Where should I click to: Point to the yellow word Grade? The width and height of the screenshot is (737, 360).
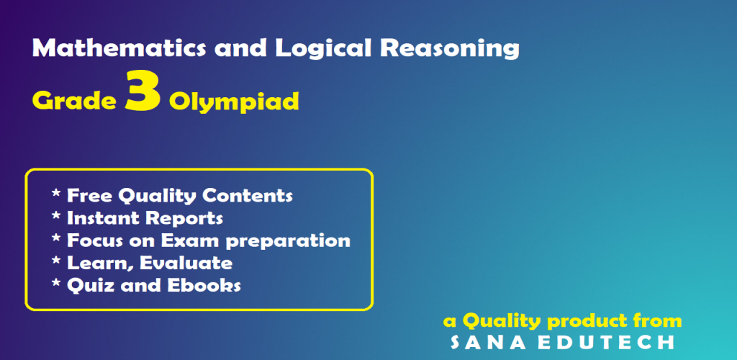[x=74, y=101]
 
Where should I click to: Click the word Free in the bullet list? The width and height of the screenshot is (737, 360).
[x=89, y=196]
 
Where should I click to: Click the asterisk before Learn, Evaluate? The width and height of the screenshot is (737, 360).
[x=56, y=261]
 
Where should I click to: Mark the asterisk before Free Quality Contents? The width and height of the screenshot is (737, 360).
[x=56, y=193]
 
